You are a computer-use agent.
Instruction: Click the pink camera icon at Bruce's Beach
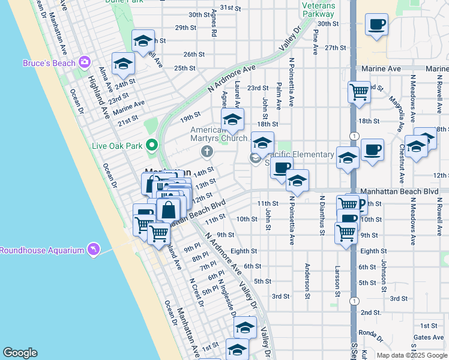[84, 62]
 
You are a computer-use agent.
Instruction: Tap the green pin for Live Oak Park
[152, 145]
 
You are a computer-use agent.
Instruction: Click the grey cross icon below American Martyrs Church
[207, 151]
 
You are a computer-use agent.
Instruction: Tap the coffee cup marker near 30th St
[376, 25]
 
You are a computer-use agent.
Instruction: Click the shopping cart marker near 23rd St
[359, 92]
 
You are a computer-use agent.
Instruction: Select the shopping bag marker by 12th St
[169, 210]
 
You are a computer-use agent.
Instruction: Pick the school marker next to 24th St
[123, 64]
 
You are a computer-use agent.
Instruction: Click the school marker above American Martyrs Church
[232, 118]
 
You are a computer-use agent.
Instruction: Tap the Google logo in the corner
[20, 353]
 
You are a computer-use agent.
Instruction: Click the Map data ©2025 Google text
[411, 355]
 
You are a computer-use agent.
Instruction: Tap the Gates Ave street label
[429, 337]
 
